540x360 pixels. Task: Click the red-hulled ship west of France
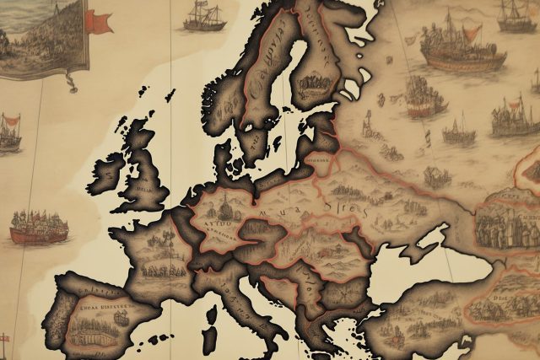(39, 226)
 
